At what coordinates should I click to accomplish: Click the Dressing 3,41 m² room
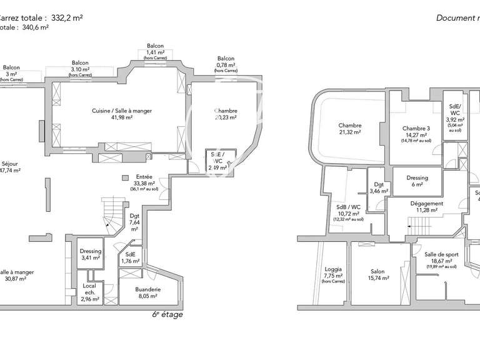tap(91, 254)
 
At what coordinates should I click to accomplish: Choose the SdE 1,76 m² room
tap(130, 257)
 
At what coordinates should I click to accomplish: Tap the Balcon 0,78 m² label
tap(226, 62)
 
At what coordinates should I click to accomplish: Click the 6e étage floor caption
tap(167, 314)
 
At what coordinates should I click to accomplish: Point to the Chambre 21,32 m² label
tap(350, 129)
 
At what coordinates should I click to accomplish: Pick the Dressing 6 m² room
tap(417, 181)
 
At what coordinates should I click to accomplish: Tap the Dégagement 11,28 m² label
tap(427, 207)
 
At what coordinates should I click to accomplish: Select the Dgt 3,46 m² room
tap(379, 187)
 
